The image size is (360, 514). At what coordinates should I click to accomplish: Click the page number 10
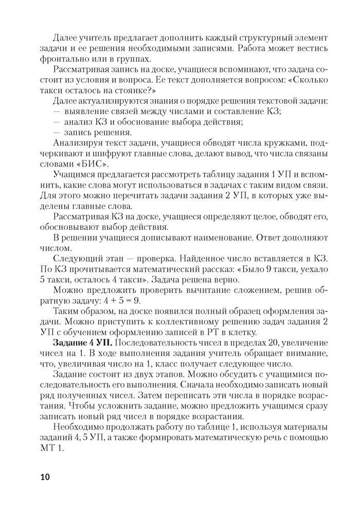(45, 477)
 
